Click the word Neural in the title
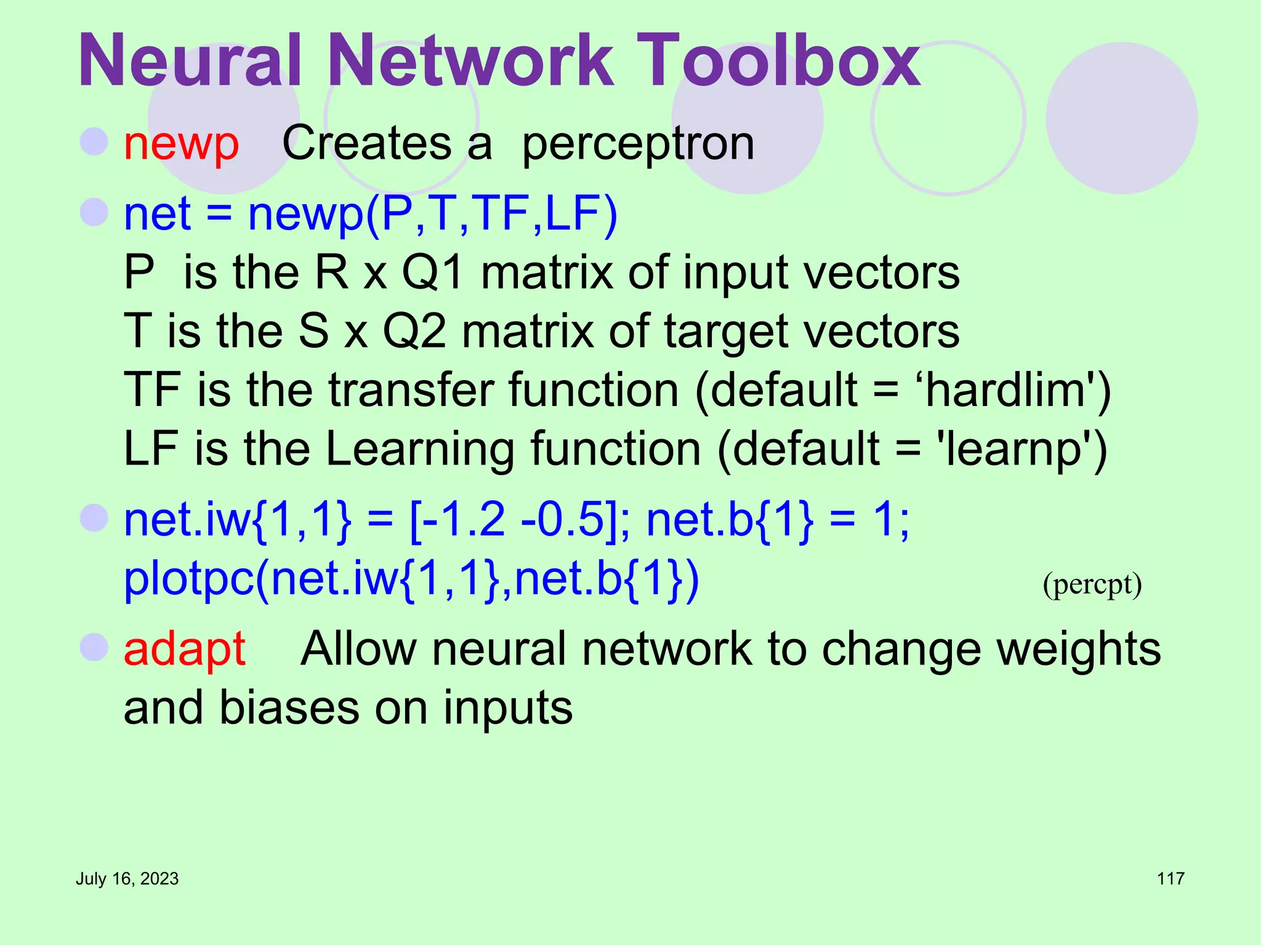pos(190,60)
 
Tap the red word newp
pos(181,145)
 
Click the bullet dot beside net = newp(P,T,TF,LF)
pos(94,212)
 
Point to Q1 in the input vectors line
pos(433,273)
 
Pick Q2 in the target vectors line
pos(414,332)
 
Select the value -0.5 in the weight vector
pos(562,520)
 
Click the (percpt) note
pos(1092,584)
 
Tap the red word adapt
pos(185,649)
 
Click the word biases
pos(289,708)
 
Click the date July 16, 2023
pos(127,879)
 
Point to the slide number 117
pos(1170,879)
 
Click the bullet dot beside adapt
pos(94,647)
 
